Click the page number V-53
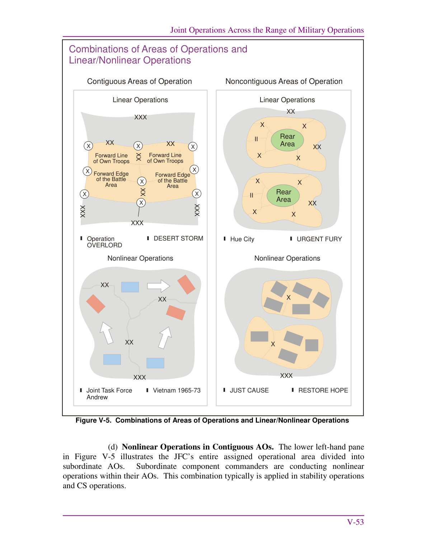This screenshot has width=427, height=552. (355, 522)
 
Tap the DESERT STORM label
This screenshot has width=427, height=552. (178, 238)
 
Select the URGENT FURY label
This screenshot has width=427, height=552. (319, 239)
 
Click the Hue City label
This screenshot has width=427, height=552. (242, 239)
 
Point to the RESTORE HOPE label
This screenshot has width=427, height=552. (323, 390)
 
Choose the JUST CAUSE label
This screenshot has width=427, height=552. (249, 390)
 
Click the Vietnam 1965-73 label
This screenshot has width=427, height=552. (177, 390)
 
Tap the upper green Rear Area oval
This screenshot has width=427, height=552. (287, 140)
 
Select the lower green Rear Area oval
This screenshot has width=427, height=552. (283, 196)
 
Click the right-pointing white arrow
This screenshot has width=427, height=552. (159, 286)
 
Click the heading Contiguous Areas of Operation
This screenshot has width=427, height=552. (139, 81)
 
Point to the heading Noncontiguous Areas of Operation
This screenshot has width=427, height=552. (284, 81)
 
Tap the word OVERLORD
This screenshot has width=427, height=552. (104, 245)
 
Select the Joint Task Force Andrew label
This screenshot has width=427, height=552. (109, 394)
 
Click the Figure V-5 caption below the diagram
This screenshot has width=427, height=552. (212, 420)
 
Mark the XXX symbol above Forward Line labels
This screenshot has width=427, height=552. (141, 117)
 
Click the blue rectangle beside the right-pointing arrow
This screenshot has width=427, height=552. (130, 287)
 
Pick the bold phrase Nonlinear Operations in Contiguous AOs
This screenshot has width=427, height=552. (198, 447)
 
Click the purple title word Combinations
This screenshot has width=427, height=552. (99, 49)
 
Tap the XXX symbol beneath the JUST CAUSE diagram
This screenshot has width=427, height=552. (286, 375)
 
